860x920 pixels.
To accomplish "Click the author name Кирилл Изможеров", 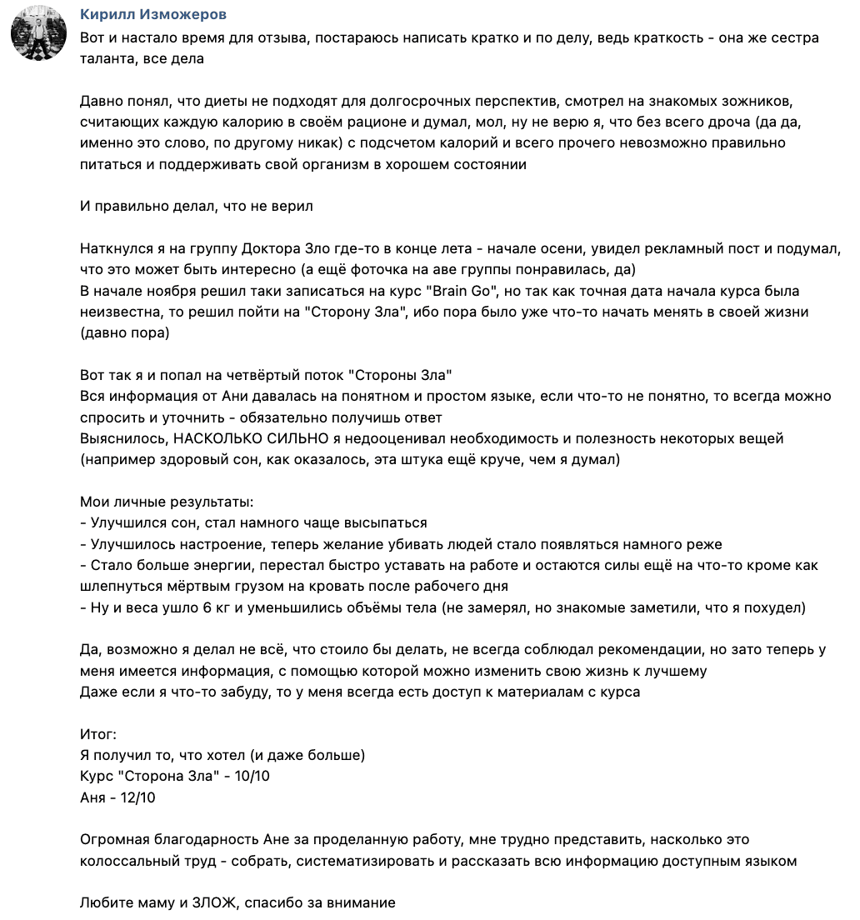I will point(153,15).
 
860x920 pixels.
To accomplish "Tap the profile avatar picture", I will point(38,32).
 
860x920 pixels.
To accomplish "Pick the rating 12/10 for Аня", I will point(136,797).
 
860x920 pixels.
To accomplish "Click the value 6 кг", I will point(214,607).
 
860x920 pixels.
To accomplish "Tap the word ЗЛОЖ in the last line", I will point(215,902).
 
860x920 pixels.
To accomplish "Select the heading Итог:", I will point(98,734).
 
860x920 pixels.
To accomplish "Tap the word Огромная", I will point(113,839).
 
